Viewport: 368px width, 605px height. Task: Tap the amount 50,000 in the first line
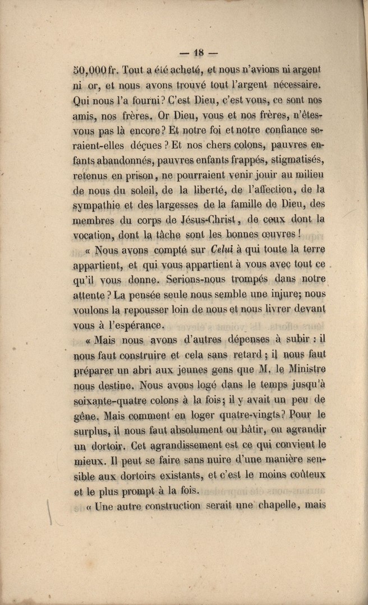pos(89,71)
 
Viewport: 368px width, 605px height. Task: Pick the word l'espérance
pos(132,324)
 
